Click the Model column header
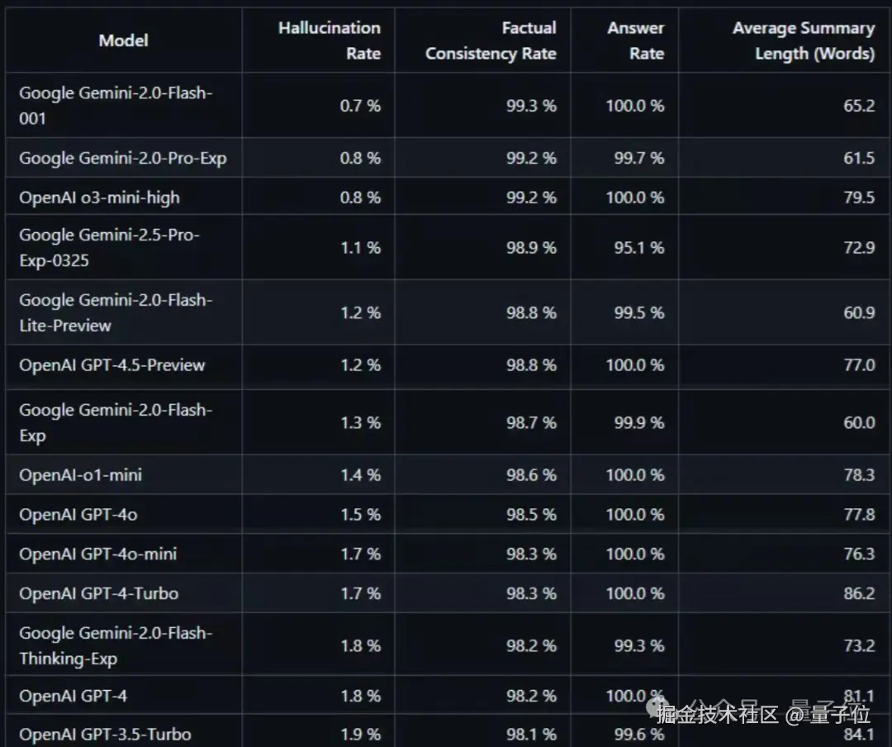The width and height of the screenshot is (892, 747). tap(123, 40)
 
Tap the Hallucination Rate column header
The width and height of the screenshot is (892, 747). tap(329, 40)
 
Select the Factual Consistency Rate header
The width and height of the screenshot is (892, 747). tap(491, 40)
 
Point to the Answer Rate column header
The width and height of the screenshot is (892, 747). tap(635, 40)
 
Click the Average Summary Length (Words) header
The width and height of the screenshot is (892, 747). tap(803, 40)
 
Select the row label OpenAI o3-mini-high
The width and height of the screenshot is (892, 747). tap(99, 197)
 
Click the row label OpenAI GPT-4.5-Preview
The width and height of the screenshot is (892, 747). tap(112, 365)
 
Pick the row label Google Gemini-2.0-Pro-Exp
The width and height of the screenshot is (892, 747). tap(122, 158)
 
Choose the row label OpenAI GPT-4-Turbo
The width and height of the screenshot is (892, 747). tap(98, 593)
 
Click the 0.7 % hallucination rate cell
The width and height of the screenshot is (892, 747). tap(360, 106)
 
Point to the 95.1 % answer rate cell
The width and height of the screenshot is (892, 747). tap(638, 248)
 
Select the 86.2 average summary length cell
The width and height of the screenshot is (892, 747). tap(859, 593)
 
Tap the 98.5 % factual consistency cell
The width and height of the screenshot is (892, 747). tap(531, 515)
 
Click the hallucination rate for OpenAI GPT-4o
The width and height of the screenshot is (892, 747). tap(360, 515)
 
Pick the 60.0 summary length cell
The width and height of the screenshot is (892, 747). tap(859, 423)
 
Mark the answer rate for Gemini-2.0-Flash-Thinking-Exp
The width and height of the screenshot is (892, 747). tap(638, 646)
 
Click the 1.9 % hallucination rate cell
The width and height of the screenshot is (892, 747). tap(360, 735)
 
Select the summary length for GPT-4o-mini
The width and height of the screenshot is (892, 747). tap(859, 554)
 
